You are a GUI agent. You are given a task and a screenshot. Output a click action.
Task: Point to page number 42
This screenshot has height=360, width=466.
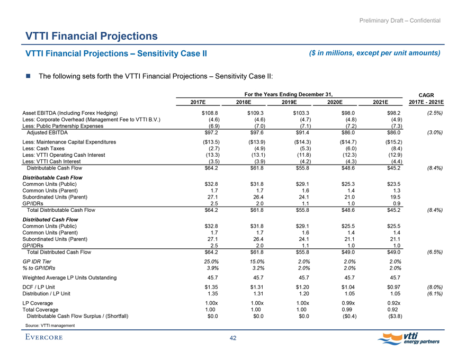pos(233,339)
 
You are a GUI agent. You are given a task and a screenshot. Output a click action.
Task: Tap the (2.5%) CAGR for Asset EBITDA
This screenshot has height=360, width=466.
pos(434,113)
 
